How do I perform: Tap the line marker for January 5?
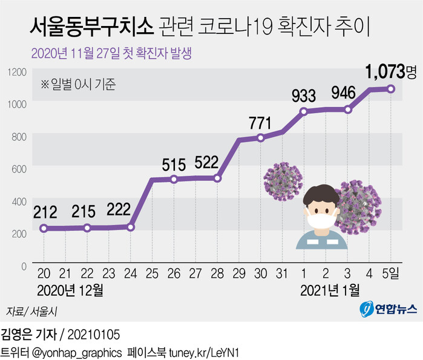tap(392, 89)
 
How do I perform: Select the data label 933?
tap(304, 94)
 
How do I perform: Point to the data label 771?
tap(260, 123)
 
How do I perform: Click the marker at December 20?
tap(44, 228)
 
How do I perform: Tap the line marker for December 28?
tap(218, 178)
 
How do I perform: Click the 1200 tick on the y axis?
tap(18, 72)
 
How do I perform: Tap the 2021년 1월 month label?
tap(329, 290)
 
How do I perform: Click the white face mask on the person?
tap(321, 219)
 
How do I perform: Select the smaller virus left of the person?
tap(282, 180)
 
